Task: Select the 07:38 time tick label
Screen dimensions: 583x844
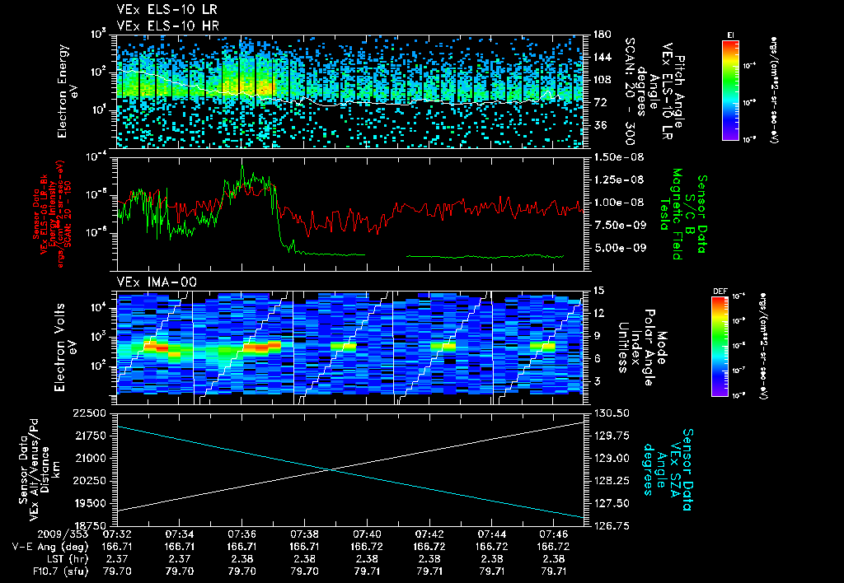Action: pos(304,534)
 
